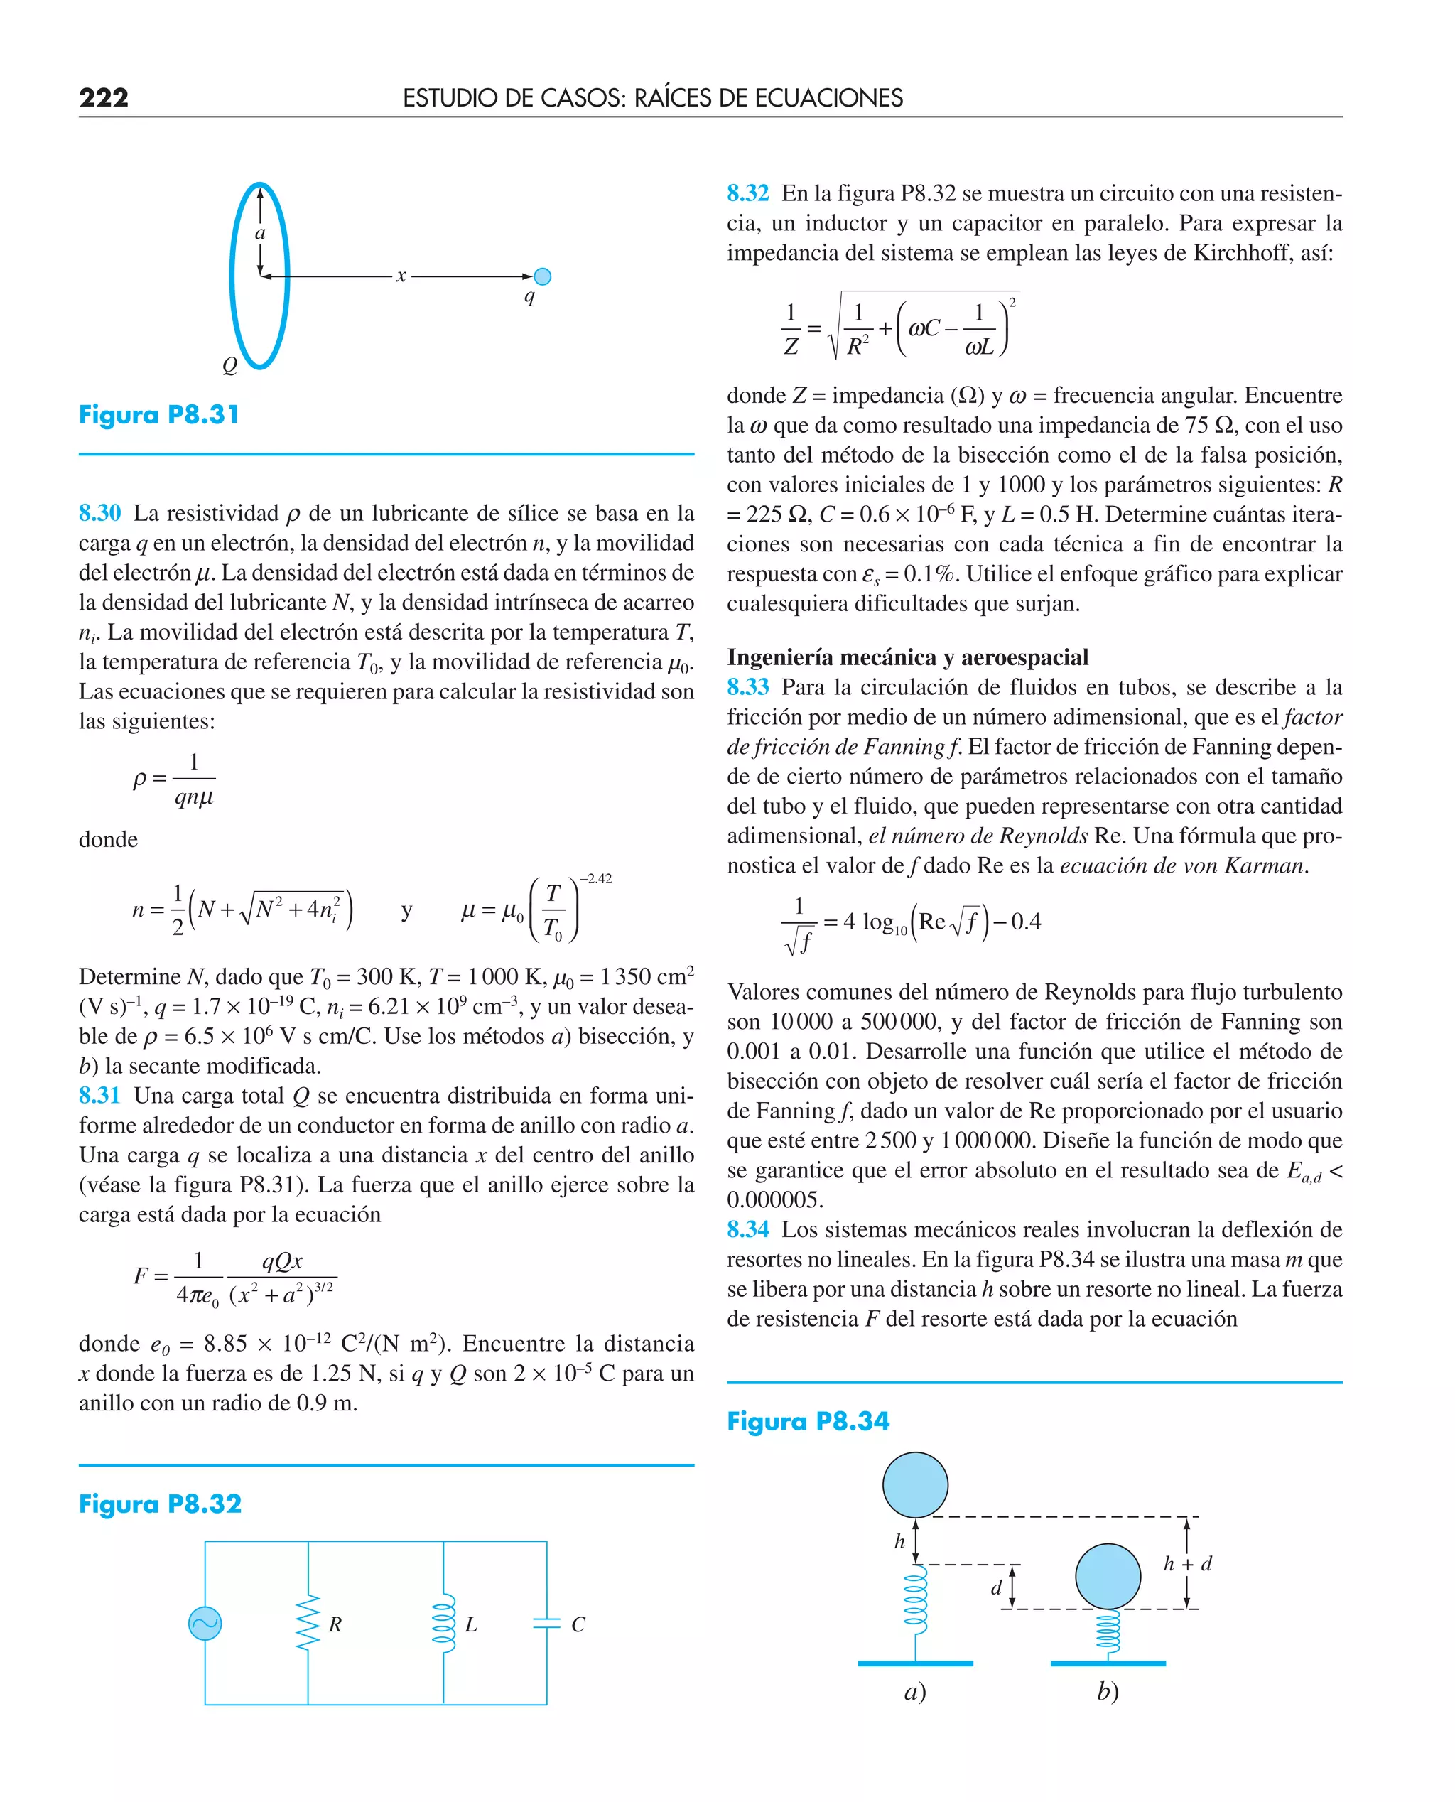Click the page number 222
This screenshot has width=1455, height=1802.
[104, 98]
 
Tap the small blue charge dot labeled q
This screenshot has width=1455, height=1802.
[542, 276]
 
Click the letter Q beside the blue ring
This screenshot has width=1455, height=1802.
[229, 365]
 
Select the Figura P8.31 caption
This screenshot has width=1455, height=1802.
[159, 415]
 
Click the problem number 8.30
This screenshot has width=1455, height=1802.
[99, 513]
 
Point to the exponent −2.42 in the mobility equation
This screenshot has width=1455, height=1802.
[595, 878]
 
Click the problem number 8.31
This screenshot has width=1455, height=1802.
[99, 1096]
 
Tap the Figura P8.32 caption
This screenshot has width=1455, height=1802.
[160, 1504]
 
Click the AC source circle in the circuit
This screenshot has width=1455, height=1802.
[205, 1624]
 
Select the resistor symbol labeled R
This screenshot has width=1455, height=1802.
[308, 1624]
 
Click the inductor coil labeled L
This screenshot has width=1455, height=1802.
[443, 1624]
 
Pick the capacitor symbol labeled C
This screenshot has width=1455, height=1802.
[546, 1624]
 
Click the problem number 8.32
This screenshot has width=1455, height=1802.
[747, 193]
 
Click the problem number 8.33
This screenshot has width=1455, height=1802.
[747, 687]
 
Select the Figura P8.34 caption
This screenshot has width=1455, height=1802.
[808, 1421]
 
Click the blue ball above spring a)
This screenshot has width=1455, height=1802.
[915, 1485]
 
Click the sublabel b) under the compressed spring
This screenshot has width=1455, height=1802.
[1108, 1692]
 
